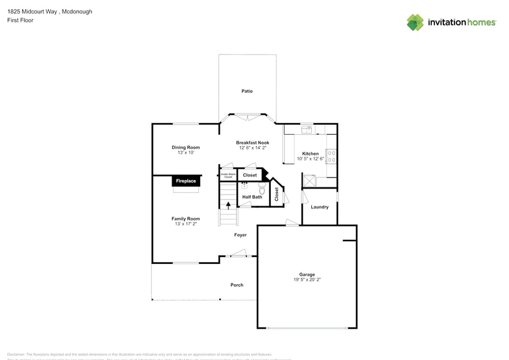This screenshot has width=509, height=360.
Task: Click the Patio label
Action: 247,91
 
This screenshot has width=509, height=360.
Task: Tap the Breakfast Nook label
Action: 252,143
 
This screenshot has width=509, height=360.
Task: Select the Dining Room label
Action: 186,147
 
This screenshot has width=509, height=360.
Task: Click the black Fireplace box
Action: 186,181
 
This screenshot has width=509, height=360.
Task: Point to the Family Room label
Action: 186,219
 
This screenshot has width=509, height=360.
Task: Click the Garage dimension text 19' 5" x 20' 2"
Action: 307,280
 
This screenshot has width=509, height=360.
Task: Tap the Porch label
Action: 236,285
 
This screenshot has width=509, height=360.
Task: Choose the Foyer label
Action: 240,235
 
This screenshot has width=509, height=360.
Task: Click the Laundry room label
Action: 319,207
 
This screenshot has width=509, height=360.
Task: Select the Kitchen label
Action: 310,154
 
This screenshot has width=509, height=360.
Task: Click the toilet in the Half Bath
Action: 262,189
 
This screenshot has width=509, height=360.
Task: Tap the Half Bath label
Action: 252,197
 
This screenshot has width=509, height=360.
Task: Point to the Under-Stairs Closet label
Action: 228,176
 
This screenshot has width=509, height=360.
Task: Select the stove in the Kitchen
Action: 331,156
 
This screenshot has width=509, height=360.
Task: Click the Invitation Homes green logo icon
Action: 415,23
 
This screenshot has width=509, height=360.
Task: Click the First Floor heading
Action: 20,20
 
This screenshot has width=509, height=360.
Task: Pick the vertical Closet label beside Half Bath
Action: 277,194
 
